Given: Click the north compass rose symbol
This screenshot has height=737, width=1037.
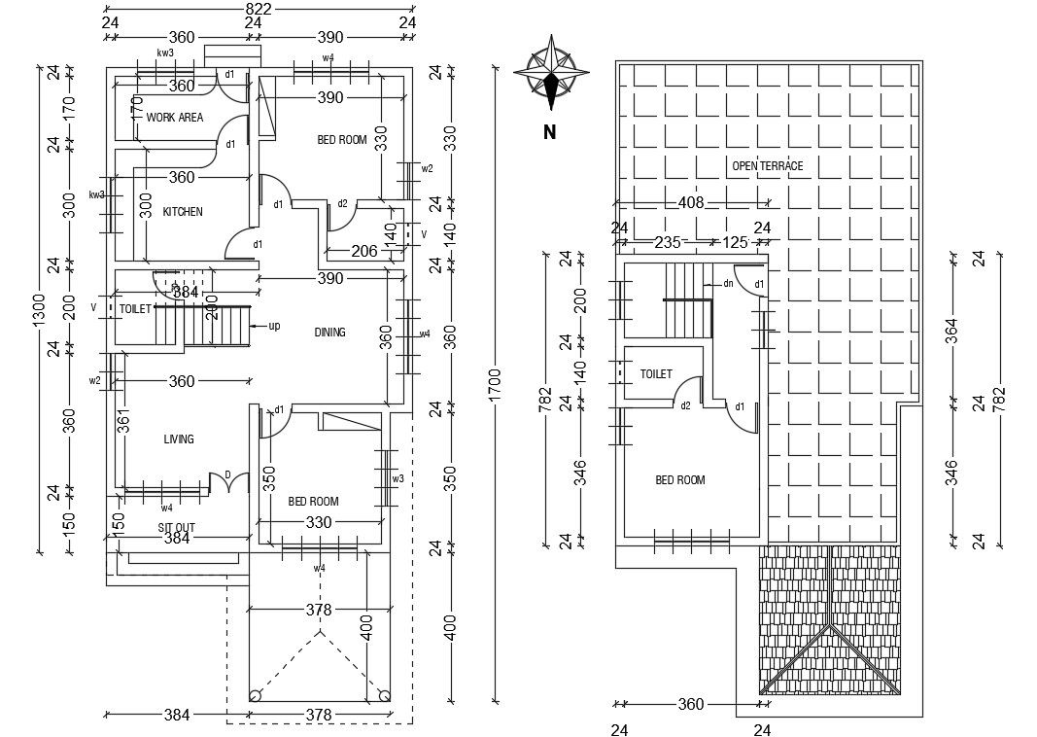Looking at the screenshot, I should click(551, 72).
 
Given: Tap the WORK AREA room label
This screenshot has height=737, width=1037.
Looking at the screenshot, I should click(175, 118).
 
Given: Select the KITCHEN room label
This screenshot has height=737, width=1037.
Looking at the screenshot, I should click(183, 212).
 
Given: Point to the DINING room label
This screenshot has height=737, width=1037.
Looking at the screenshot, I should click(330, 333).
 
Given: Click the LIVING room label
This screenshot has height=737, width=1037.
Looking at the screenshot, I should click(179, 439).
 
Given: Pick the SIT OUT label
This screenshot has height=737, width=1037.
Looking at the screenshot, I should click(177, 527).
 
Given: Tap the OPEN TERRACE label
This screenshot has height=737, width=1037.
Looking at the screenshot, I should click(768, 166).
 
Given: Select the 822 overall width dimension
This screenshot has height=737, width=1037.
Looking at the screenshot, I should click(258, 9).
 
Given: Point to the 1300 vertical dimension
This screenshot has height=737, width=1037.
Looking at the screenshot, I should click(39, 311).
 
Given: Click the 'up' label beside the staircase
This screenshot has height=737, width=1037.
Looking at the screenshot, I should click(274, 326).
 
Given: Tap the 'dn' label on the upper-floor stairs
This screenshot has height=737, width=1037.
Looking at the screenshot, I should click(727, 283).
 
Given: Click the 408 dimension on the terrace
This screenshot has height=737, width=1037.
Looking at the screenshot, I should click(690, 203).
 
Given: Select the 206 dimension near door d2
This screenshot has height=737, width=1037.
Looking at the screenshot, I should click(363, 251).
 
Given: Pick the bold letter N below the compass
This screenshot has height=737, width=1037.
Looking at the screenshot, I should click(549, 133).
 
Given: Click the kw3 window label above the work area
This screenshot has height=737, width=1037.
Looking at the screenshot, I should click(165, 53).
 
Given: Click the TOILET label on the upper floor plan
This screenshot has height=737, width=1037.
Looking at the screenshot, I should click(656, 374).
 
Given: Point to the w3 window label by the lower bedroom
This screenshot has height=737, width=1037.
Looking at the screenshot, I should click(398, 479).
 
